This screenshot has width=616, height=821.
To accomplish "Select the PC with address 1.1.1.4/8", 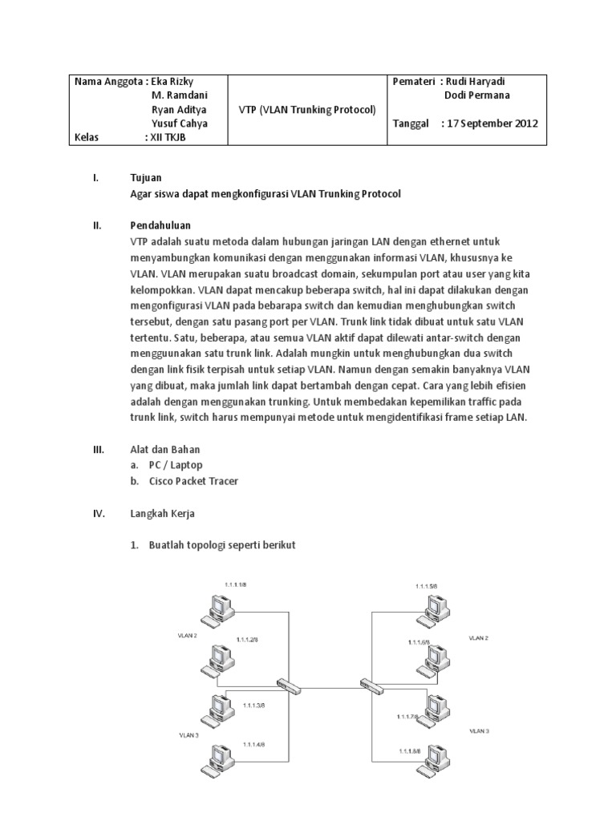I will tap(216, 762).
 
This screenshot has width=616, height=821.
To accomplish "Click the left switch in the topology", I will tap(287, 683).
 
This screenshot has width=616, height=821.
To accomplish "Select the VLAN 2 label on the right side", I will tap(479, 638).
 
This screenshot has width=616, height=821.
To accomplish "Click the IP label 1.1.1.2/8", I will tap(248, 640).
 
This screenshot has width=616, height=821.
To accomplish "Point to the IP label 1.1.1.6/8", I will tap(419, 642).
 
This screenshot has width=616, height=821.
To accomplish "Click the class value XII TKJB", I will tap(168, 137).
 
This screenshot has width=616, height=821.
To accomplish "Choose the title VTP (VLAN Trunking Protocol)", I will tap(308, 109).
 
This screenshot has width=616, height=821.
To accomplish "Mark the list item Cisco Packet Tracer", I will tap(193, 480).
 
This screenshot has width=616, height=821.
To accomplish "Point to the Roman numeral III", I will tap(99, 449).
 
